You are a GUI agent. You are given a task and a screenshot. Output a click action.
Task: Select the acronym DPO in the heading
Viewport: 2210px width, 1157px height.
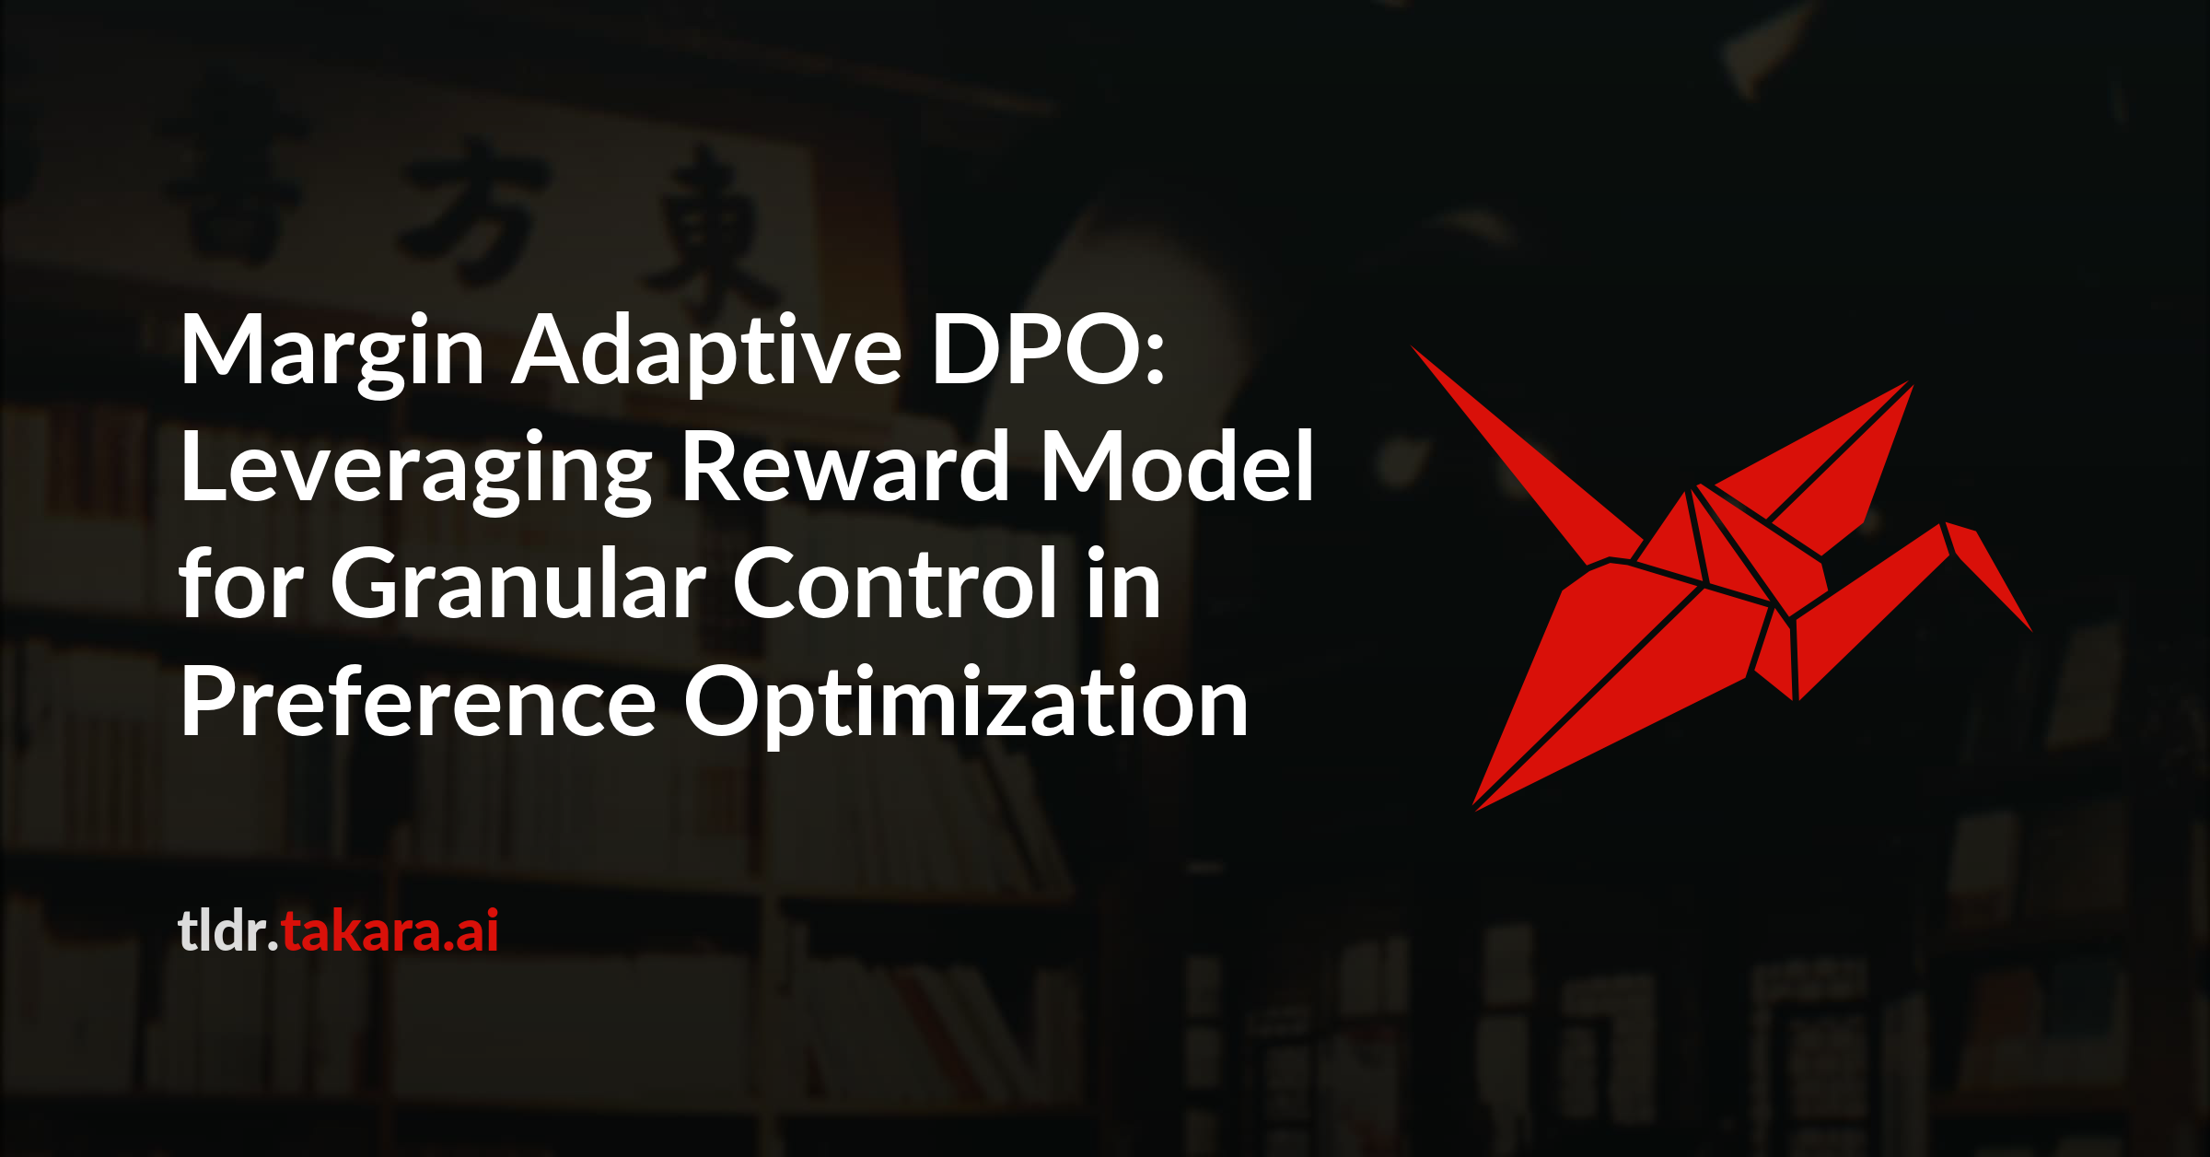(1037, 349)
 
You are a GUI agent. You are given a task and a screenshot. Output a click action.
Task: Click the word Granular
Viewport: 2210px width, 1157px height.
(518, 584)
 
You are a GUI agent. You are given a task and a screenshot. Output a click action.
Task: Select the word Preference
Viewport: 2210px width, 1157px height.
(419, 701)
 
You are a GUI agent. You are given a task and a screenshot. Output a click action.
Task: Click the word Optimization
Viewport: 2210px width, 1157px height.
(966, 705)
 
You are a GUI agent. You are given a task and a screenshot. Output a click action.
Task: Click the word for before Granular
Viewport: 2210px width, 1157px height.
(241, 582)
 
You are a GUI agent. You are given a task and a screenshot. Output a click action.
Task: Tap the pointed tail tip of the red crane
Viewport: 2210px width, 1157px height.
(1413, 348)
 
